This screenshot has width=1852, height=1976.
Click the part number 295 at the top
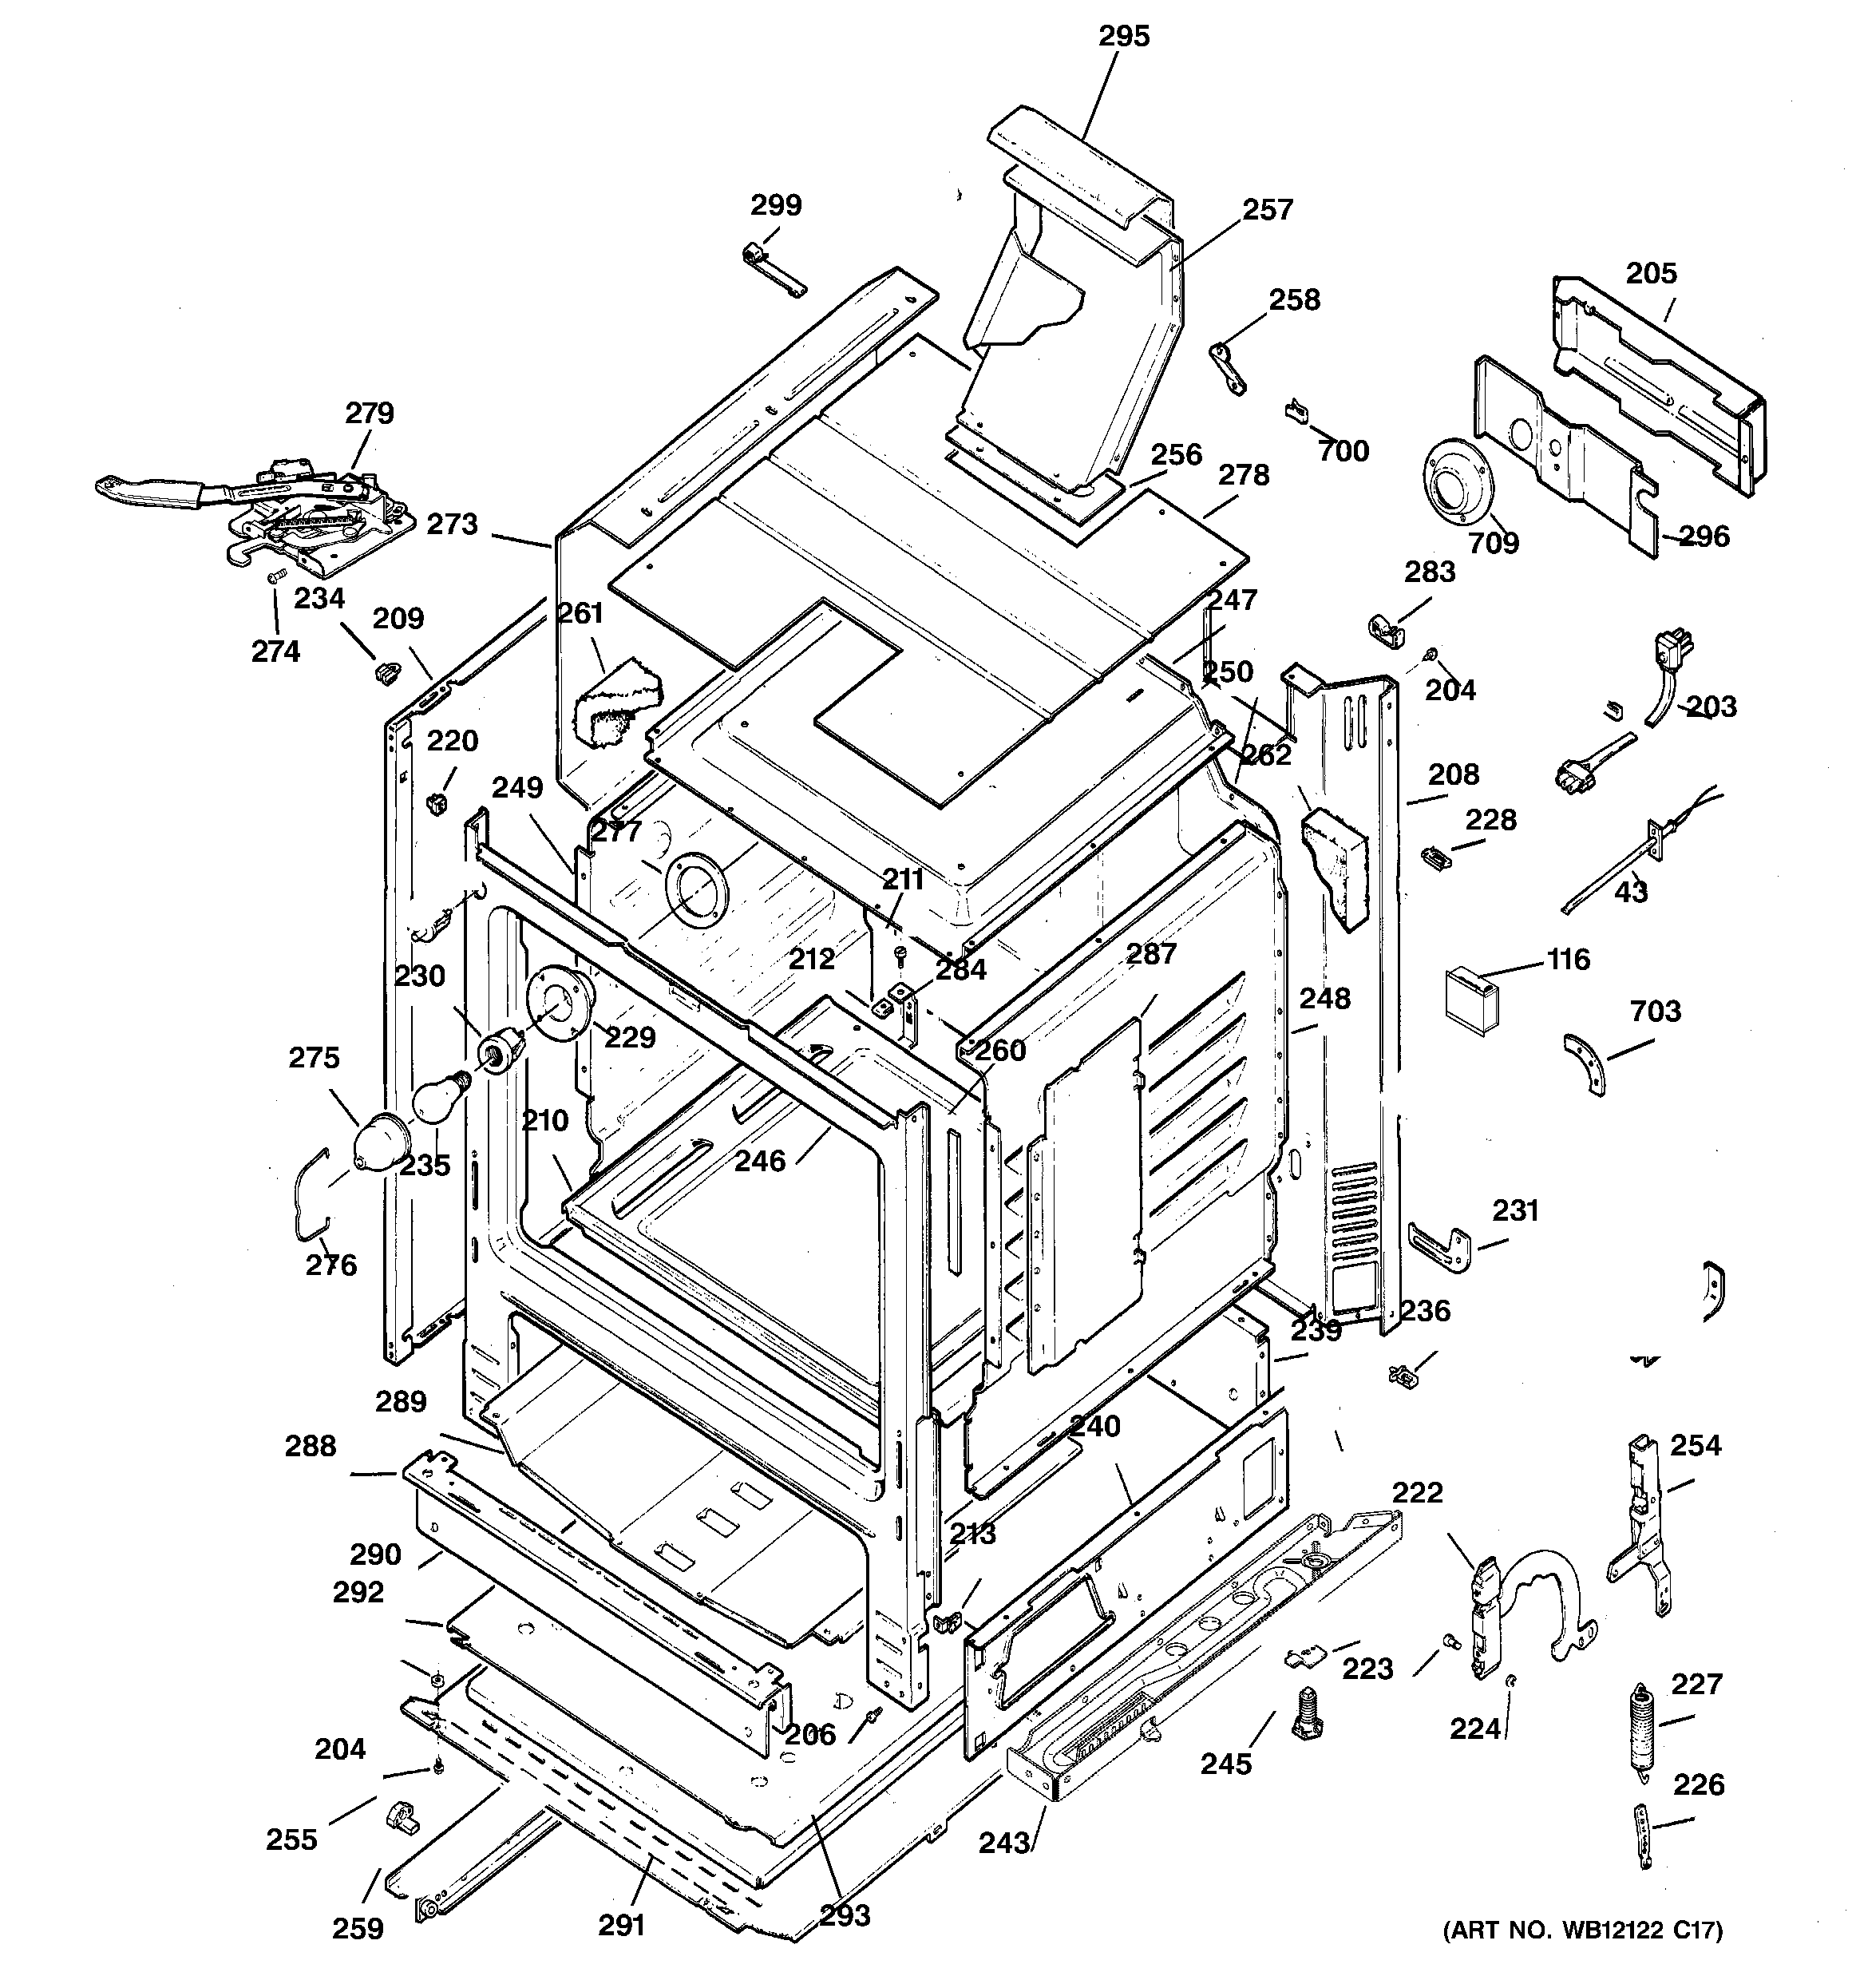(x=1123, y=37)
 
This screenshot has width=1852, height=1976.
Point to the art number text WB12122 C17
(x=1583, y=1930)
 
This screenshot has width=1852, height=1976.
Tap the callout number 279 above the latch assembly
(x=370, y=413)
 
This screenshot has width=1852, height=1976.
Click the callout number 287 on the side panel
(x=1151, y=953)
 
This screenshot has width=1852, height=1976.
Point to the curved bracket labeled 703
(x=1585, y=1063)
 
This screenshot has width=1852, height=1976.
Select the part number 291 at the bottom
(x=623, y=1926)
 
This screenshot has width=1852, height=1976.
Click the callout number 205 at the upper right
(x=1651, y=273)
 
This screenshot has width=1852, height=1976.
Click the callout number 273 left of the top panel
(x=453, y=524)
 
